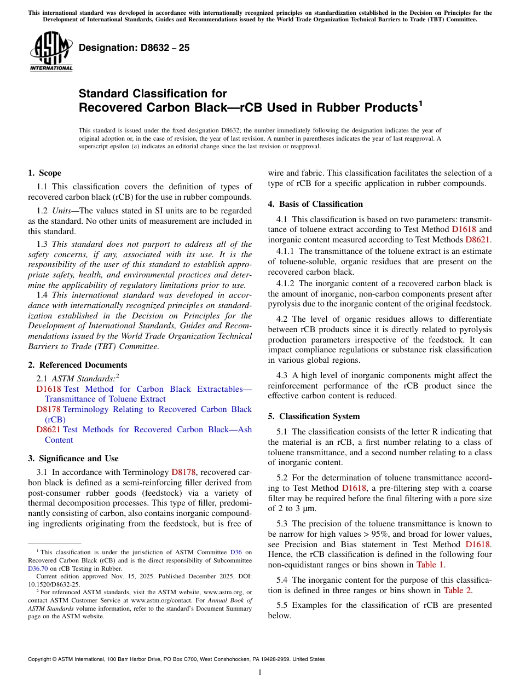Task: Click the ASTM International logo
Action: (x=51, y=52)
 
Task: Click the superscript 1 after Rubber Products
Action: (x=421, y=102)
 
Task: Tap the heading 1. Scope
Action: (x=44, y=173)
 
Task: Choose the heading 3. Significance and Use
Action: (x=73, y=459)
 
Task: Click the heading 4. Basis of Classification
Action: (x=315, y=204)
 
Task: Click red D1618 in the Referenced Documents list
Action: (x=49, y=389)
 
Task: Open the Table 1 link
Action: (x=430, y=565)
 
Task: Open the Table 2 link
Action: (x=456, y=590)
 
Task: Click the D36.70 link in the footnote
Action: (x=37, y=569)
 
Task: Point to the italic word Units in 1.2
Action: (x=62, y=211)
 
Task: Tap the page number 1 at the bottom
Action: (x=260, y=672)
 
